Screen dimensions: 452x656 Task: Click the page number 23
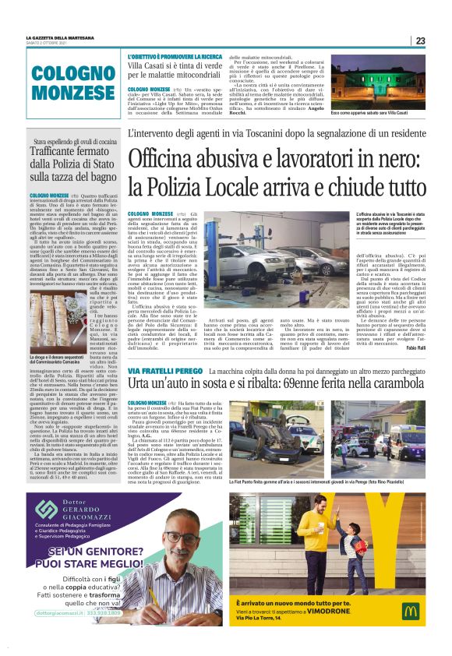(420, 41)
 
